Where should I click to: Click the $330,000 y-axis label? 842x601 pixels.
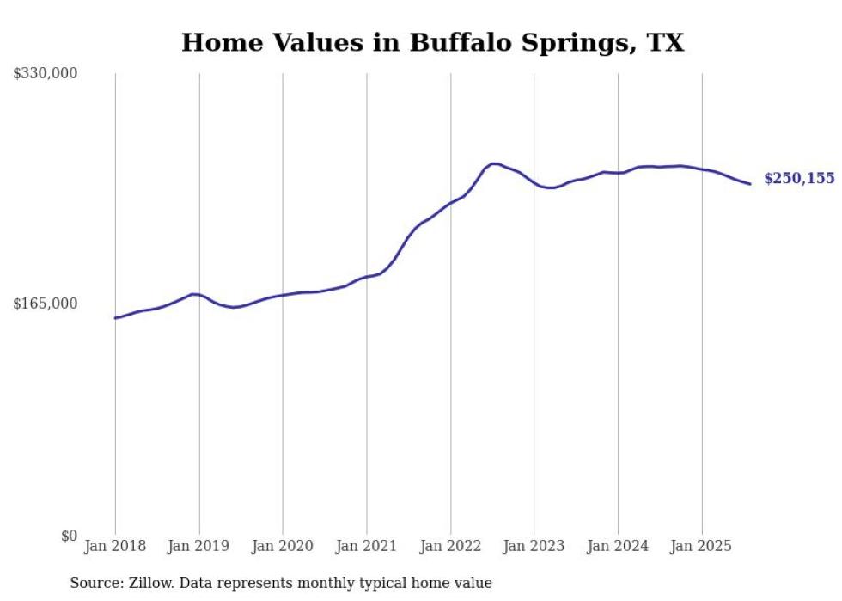pyautogui.click(x=46, y=74)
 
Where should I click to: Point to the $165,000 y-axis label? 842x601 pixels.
pyautogui.click(x=46, y=304)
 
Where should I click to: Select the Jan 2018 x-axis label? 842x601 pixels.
pyautogui.click(x=115, y=546)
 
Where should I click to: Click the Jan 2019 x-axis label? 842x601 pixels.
pyautogui.click(x=199, y=546)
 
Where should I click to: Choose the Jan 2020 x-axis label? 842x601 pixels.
pyautogui.click(x=283, y=546)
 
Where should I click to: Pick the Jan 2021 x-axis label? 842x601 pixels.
pyautogui.click(x=367, y=546)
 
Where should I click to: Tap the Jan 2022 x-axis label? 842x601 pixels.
pyautogui.click(x=450, y=546)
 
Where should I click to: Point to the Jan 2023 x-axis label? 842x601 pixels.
pyautogui.click(x=534, y=546)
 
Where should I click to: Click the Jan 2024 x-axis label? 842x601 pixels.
pyautogui.click(x=618, y=546)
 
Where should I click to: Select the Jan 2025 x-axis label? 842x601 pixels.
pyautogui.click(x=702, y=546)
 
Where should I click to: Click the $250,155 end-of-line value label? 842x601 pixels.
pyautogui.click(x=799, y=179)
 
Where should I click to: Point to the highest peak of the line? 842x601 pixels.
pyautogui.click(x=494, y=163)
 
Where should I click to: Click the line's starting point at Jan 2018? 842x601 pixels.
pyautogui.click(x=115, y=318)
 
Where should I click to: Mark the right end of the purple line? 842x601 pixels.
pyautogui.click(x=750, y=183)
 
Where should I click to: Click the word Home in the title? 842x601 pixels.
pyautogui.click(x=219, y=43)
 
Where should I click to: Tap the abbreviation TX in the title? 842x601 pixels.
pyautogui.click(x=665, y=43)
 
